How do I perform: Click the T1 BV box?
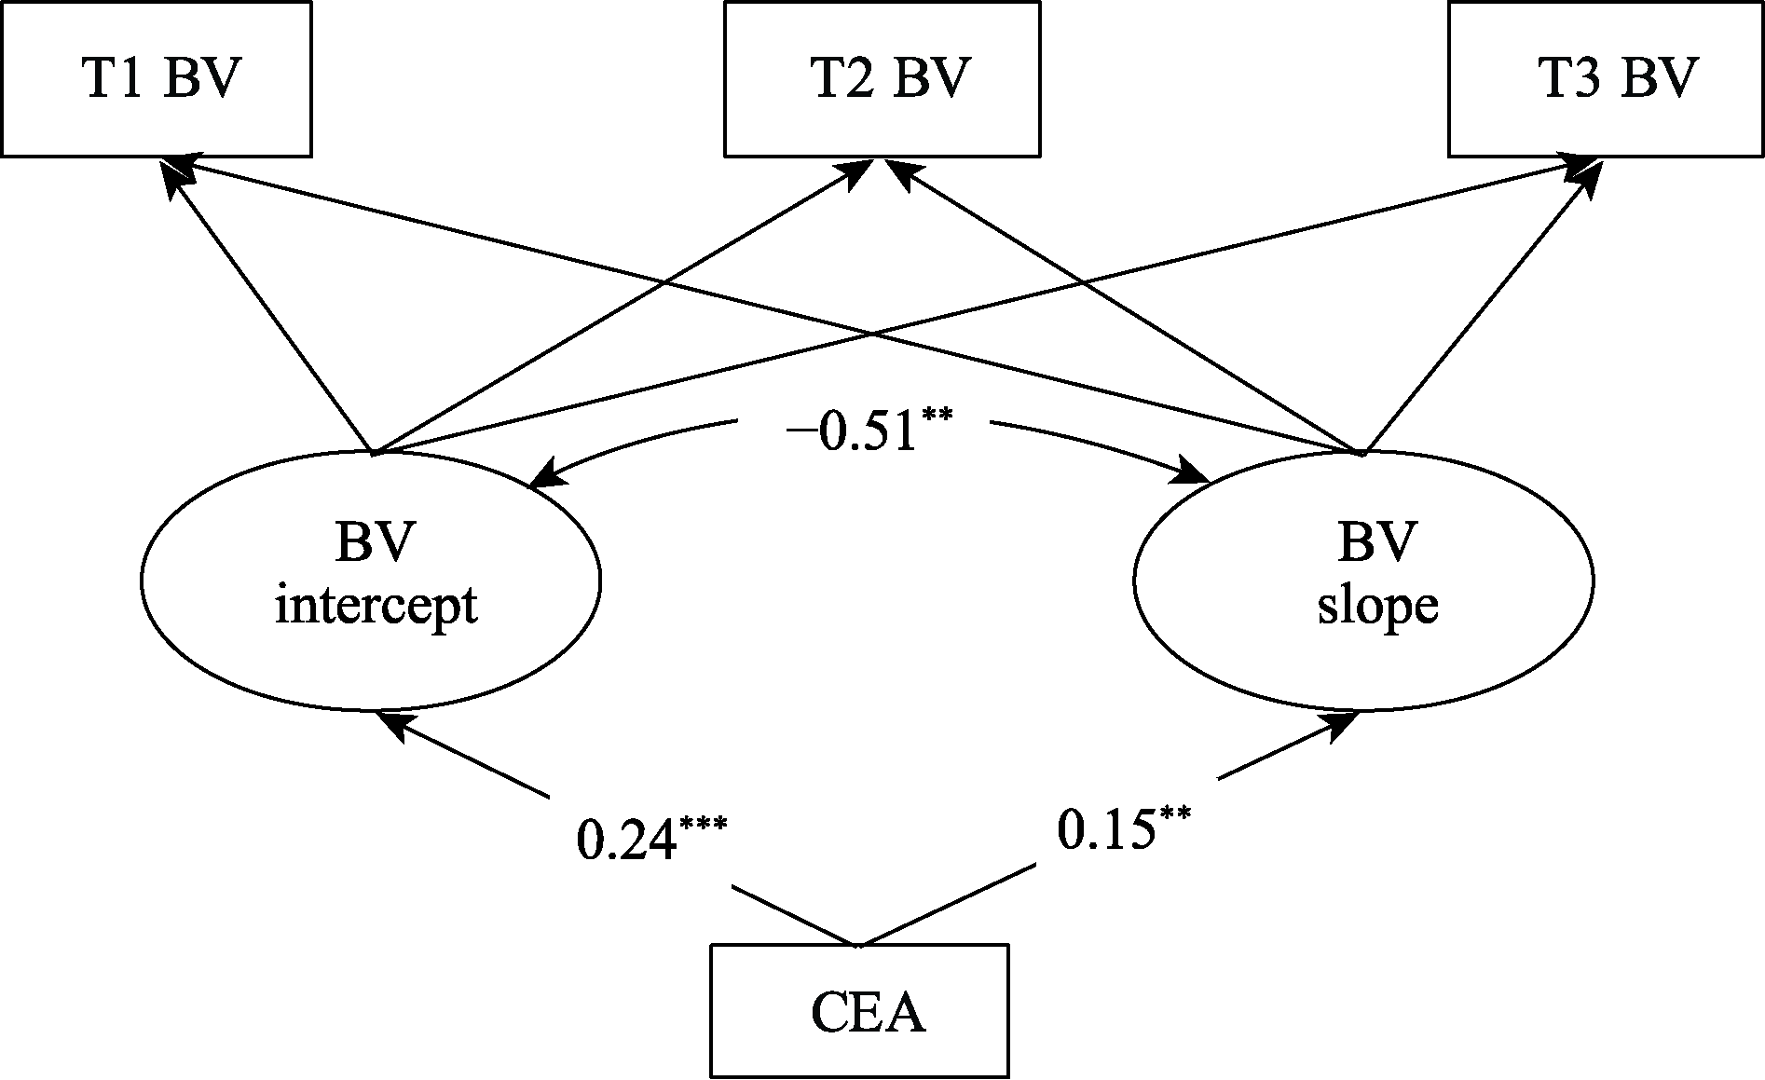(156, 79)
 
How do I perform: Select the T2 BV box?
(882, 79)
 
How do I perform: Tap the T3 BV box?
(1606, 79)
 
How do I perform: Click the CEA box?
(859, 1011)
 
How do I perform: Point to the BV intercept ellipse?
(371, 580)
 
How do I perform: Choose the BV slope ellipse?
(1363, 580)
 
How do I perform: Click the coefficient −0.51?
(852, 434)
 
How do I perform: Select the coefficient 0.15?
(1104, 829)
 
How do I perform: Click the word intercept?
(376, 606)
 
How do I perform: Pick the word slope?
(1377, 606)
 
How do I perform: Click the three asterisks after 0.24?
(704, 825)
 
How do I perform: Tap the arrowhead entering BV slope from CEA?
(1342, 725)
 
